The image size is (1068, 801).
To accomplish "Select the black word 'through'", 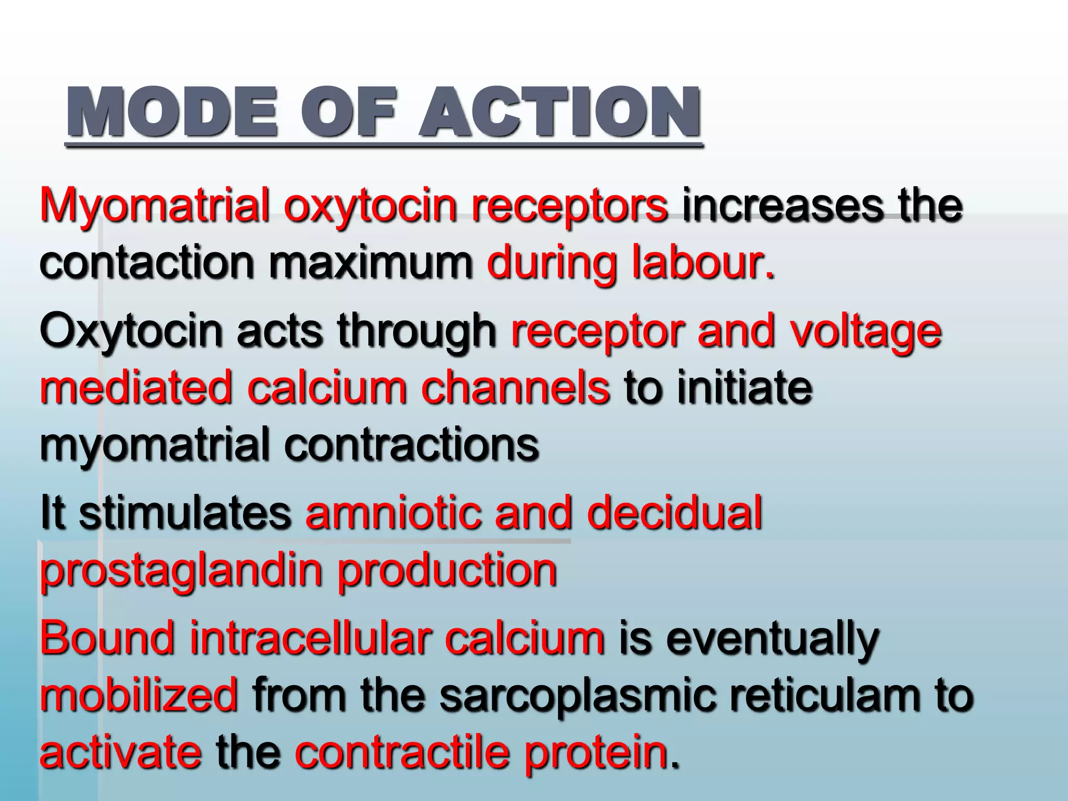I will tap(417, 332).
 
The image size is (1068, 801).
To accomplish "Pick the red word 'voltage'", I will tap(866, 332).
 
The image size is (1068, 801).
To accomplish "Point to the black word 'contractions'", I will tap(412, 445).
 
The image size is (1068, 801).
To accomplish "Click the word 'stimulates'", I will tap(185, 514).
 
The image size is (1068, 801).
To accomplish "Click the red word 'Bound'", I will tap(107, 638).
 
